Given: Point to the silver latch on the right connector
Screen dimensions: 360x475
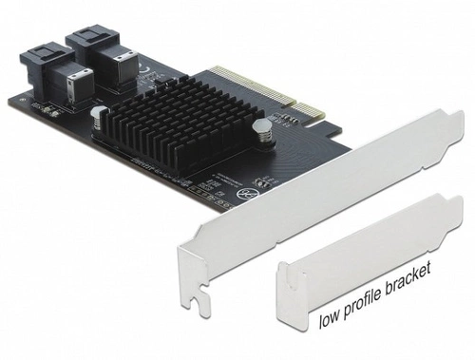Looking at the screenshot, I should pos(123,61).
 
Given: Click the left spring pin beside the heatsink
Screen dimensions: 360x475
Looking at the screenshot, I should pos(97,116).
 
